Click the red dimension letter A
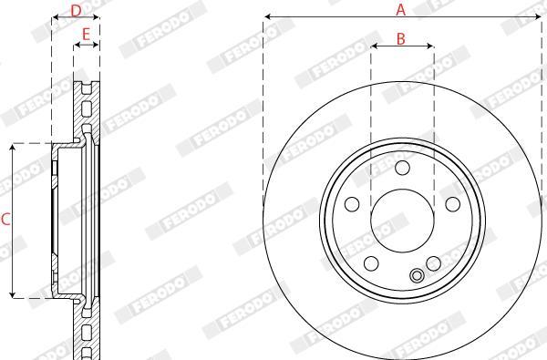(x=401, y=10)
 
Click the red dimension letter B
(x=401, y=39)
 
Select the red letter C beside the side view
(x=5, y=220)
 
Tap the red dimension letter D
(x=76, y=10)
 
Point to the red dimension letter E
(x=86, y=35)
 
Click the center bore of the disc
(x=402, y=221)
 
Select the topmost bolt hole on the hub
(x=402, y=168)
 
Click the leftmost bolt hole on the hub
(x=352, y=204)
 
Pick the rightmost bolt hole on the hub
(x=453, y=204)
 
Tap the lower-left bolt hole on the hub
(x=371, y=263)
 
